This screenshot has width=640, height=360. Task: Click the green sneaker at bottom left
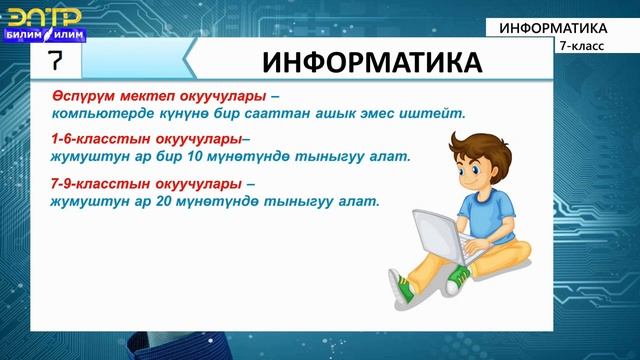[x=403, y=291]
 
